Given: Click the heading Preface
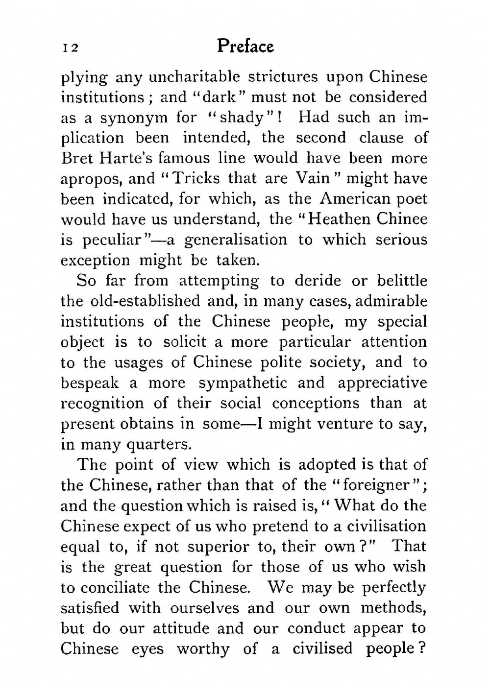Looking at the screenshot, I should coord(245,46).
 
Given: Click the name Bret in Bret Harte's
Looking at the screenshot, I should coord(76,158).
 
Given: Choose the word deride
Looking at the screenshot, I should coord(318,281).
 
